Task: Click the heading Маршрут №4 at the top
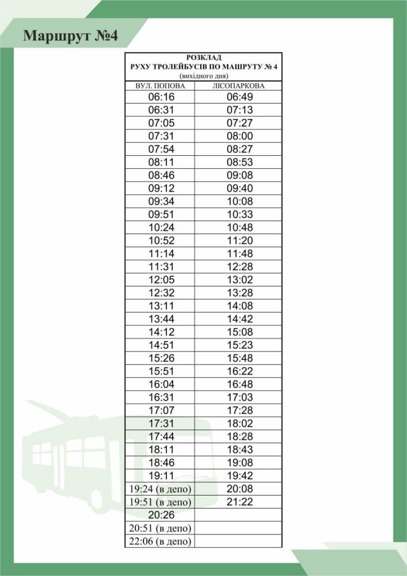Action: (x=70, y=37)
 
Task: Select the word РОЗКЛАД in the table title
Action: (x=203, y=57)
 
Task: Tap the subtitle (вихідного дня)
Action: (x=203, y=75)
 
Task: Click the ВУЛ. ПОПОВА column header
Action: (x=160, y=85)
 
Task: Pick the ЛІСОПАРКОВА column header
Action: (x=239, y=85)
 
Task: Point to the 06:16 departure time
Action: (x=161, y=97)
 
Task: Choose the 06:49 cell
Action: (x=240, y=97)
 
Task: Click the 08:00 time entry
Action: (x=240, y=136)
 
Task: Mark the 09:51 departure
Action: (x=161, y=214)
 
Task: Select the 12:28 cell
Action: (x=240, y=267)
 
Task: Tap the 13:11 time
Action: (x=161, y=306)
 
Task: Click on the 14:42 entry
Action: (x=240, y=319)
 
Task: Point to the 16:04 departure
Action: (x=161, y=384)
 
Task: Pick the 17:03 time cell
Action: (x=240, y=397)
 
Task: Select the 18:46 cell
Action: (x=161, y=462)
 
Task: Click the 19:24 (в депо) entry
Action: (x=160, y=489)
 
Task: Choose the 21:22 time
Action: (x=240, y=502)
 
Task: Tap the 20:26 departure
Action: (x=161, y=515)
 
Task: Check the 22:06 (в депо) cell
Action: (x=160, y=541)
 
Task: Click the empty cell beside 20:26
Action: (x=238, y=515)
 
